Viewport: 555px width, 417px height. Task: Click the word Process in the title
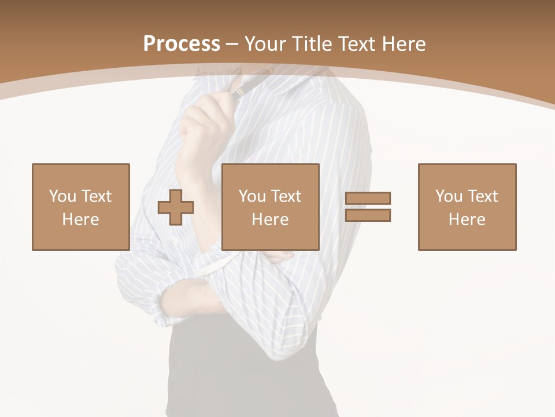pyautogui.click(x=182, y=44)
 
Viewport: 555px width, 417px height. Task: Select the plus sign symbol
pyautogui.click(x=176, y=207)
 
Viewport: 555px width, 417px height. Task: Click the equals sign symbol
pyautogui.click(x=368, y=207)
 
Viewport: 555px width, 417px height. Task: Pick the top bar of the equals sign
pyautogui.click(x=368, y=198)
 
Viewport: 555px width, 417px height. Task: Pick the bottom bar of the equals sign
pyautogui.click(x=368, y=215)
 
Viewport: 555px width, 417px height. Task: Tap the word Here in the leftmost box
pyautogui.click(x=80, y=220)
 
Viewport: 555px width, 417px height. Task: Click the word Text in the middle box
pyautogui.click(x=286, y=196)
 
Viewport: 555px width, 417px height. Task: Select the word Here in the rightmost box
pyautogui.click(x=467, y=220)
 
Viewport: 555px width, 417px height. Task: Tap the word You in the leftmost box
pyautogui.click(x=62, y=196)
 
